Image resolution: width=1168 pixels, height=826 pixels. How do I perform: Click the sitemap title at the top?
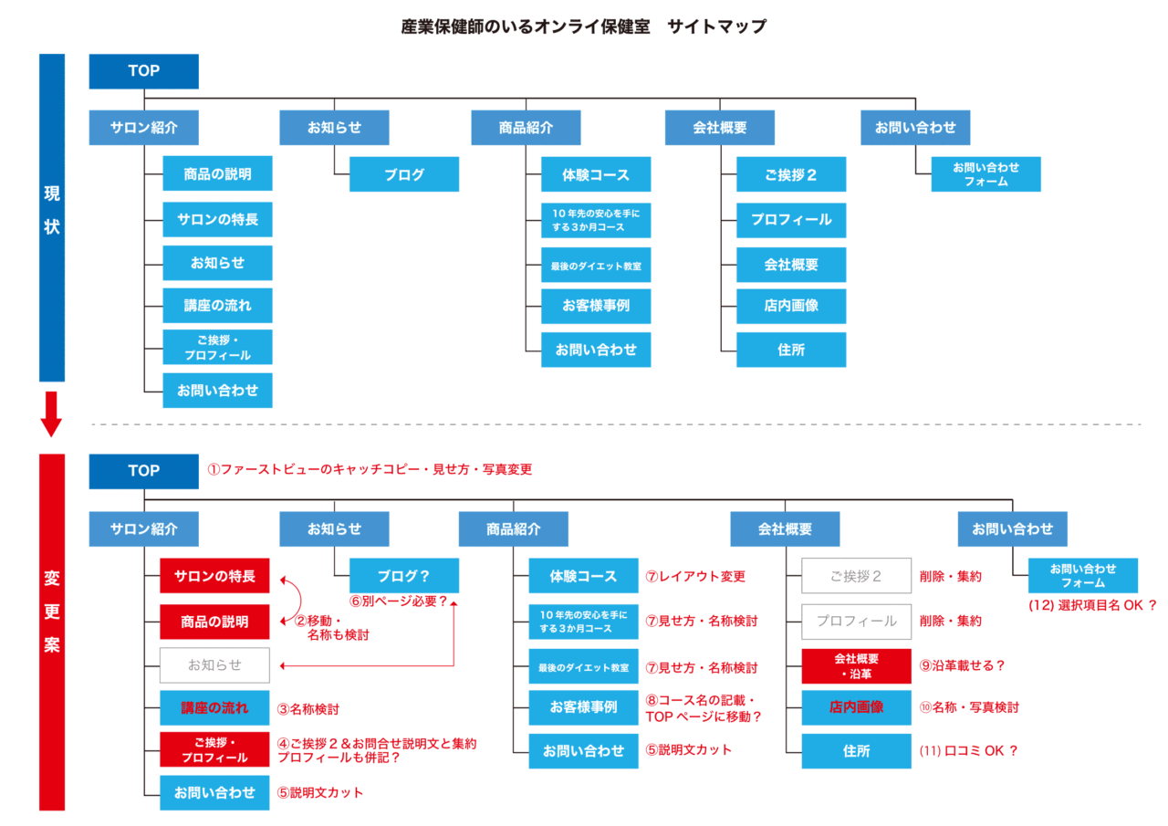click(x=583, y=26)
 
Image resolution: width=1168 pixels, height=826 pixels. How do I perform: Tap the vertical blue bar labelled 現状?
click(x=52, y=217)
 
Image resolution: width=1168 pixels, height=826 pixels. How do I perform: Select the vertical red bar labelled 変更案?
click(x=52, y=632)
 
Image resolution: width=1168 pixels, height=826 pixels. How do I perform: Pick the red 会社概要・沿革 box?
click(x=856, y=666)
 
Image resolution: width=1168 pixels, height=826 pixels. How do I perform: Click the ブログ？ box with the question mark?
click(x=404, y=576)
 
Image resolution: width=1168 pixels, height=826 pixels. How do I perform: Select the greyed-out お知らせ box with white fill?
click(x=214, y=664)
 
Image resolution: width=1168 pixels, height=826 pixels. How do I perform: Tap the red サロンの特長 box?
click(x=214, y=576)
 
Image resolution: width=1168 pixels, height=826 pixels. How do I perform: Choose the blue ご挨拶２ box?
click(x=791, y=174)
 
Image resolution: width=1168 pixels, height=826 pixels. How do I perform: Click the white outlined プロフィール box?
click(x=856, y=621)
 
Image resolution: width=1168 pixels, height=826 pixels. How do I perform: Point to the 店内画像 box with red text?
click(x=856, y=707)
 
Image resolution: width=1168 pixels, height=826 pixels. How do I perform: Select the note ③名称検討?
click(x=308, y=708)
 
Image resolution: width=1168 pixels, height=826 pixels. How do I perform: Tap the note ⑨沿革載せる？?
click(x=962, y=665)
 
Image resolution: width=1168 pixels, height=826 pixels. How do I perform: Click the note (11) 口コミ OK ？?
click(x=968, y=750)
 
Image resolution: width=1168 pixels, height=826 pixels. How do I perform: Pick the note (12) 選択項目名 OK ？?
click(x=1092, y=605)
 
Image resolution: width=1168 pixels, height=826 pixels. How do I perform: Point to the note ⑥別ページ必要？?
click(x=399, y=601)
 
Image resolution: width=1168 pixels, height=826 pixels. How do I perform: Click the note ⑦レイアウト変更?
click(x=695, y=576)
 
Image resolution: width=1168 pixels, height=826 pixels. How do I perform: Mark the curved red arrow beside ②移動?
click(x=300, y=600)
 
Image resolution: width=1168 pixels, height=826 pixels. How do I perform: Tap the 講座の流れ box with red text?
click(x=214, y=707)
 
